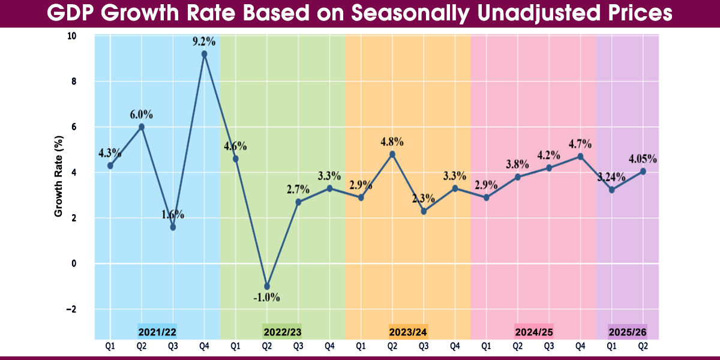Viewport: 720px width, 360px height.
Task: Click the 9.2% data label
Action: coord(204,43)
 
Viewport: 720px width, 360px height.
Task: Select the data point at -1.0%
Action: coord(267,286)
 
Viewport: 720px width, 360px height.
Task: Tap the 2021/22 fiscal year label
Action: coord(157,331)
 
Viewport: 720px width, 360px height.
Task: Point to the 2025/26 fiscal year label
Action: coord(627,331)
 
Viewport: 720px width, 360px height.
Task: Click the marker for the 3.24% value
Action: coord(611,190)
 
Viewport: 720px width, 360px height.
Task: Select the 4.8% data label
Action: coord(392,142)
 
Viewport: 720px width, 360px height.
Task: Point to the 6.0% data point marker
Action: coord(142,127)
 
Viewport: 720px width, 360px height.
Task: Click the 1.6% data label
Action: coord(173,215)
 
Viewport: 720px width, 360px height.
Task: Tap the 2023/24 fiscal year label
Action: coord(408,331)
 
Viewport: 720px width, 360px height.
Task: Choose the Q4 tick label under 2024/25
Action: coord(580,346)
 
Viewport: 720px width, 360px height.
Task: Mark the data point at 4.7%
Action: coord(580,156)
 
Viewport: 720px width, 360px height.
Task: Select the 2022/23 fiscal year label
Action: coord(282,331)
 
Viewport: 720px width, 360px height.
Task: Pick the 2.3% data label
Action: coord(424,199)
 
